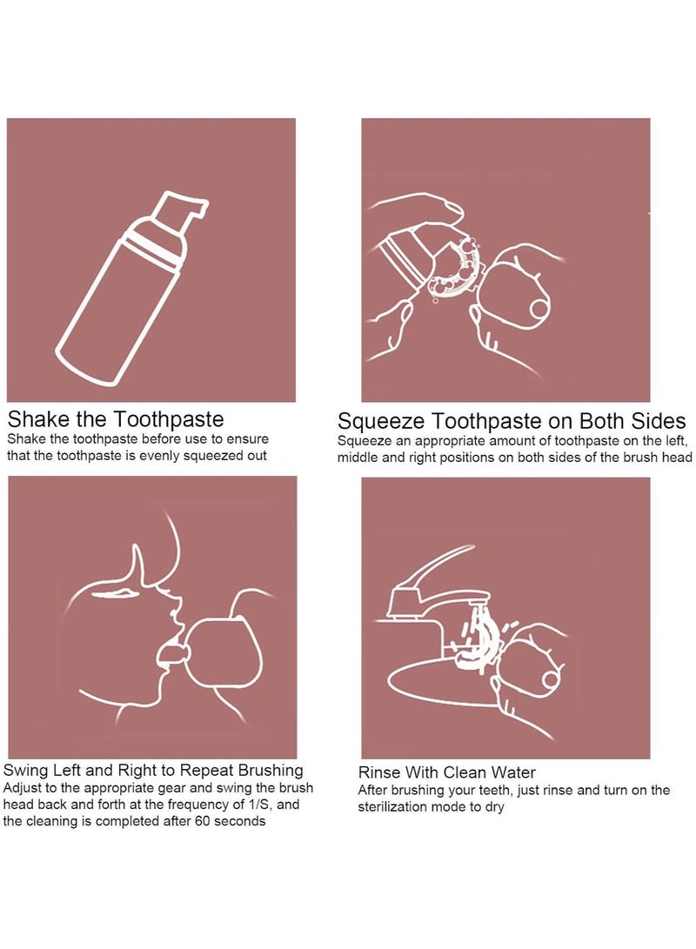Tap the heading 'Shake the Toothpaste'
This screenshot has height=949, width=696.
116,418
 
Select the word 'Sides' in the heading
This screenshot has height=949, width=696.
659,421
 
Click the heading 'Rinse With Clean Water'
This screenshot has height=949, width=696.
446,772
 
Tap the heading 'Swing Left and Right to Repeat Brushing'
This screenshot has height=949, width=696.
153,770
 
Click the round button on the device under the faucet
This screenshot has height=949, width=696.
552,679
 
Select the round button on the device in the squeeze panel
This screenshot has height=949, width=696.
540,308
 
